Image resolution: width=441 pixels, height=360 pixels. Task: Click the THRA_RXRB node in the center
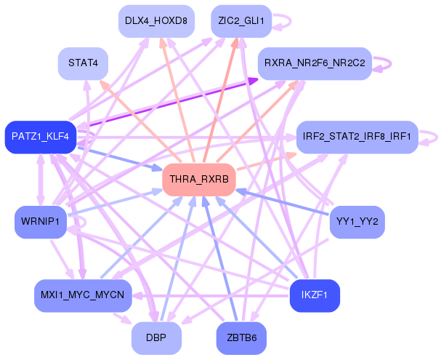tap(199, 180)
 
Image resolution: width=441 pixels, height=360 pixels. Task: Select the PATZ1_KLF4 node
tap(41, 137)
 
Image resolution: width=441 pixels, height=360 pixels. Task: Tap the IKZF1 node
tap(315, 295)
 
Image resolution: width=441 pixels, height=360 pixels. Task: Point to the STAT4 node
tap(83, 63)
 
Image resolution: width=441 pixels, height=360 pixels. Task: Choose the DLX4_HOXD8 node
tap(156, 21)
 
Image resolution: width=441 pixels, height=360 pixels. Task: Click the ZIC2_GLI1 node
tap(241, 21)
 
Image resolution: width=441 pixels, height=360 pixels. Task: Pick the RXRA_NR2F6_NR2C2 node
tap(315, 63)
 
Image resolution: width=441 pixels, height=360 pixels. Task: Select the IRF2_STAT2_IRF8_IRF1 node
tap(357, 137)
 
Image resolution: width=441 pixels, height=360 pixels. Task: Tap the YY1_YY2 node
tap(357, 222)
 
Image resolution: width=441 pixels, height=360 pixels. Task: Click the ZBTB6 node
tap(241, 337)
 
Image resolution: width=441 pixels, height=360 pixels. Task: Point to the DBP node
tap(156, 337)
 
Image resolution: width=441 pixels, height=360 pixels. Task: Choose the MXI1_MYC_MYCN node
tap(83, 295)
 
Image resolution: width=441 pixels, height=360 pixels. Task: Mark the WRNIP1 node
tap(41, 222)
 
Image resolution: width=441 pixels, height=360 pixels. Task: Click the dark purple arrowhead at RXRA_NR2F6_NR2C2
tap(253, 81)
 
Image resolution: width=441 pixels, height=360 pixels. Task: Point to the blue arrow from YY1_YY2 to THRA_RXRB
tap(282, 202)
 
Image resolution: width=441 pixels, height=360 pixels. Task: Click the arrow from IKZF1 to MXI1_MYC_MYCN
tap(211, 296)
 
